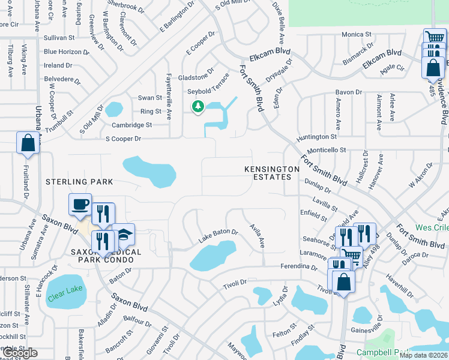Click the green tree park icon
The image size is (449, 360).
pyautogui.click(x=197, y=107)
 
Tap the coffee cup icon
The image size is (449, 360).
pyautogui.click(x=80, y=205)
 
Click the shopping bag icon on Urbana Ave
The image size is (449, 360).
pyautogui.click(x=28, y=143)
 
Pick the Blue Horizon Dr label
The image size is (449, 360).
pyautogui.click(x=66, y=52)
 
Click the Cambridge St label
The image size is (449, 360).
pyautogui.click(x=133, y=125)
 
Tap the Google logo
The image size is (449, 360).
pyautogui.click(x=21, y=353)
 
